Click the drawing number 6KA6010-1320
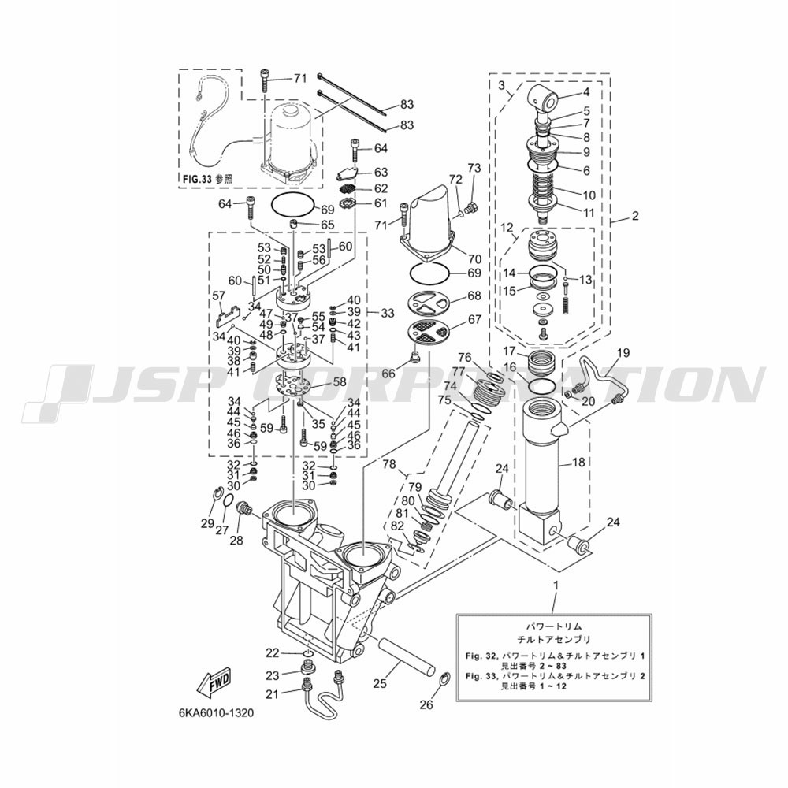(x=216, y=714)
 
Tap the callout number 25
(x=380, y=683)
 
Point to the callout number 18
(x=579, y=462)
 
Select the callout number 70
(x=474, y=259)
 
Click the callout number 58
(x=340, y=382)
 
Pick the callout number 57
(x=219, y=296)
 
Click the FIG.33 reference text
(x=206, y=178)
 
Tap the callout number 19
(x=623, y=353)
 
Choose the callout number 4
(x=586, y=92)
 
